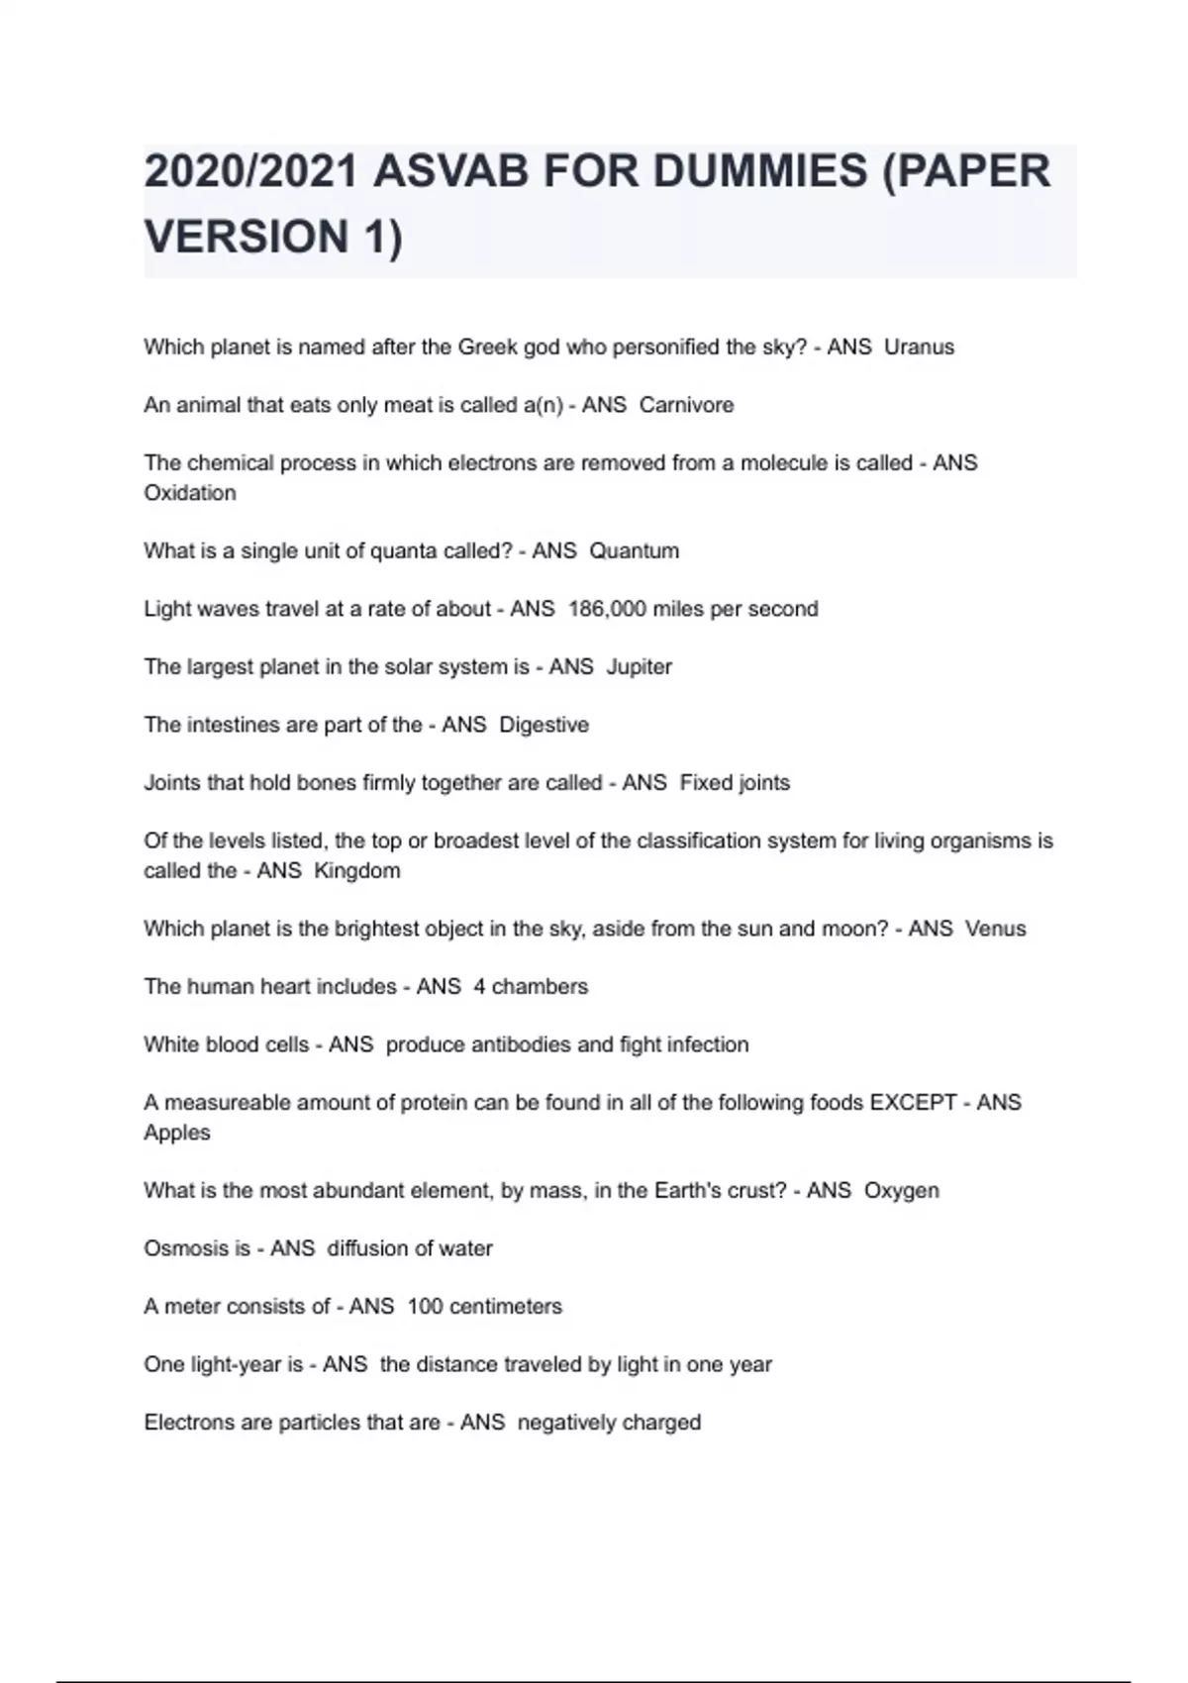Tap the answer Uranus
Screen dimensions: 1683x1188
(x=919, y=347)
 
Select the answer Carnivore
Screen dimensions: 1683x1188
(x=686, y=405)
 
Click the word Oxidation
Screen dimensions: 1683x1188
(x=190, y=493)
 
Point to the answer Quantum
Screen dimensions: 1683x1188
(x=634, y=550)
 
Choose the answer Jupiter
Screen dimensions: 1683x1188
(x=639, y=667)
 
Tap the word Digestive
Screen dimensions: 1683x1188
(x=544, y=725)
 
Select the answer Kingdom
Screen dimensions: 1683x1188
(x=356, y=871)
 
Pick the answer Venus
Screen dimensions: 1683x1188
(x=995, y=929)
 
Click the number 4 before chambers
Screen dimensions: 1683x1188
(x=479, y=987)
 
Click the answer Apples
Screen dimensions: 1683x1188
(x=177, y=1133)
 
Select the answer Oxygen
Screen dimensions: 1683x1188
(x=901, y=1190)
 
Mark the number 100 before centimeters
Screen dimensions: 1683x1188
(x=425, y=1307)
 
